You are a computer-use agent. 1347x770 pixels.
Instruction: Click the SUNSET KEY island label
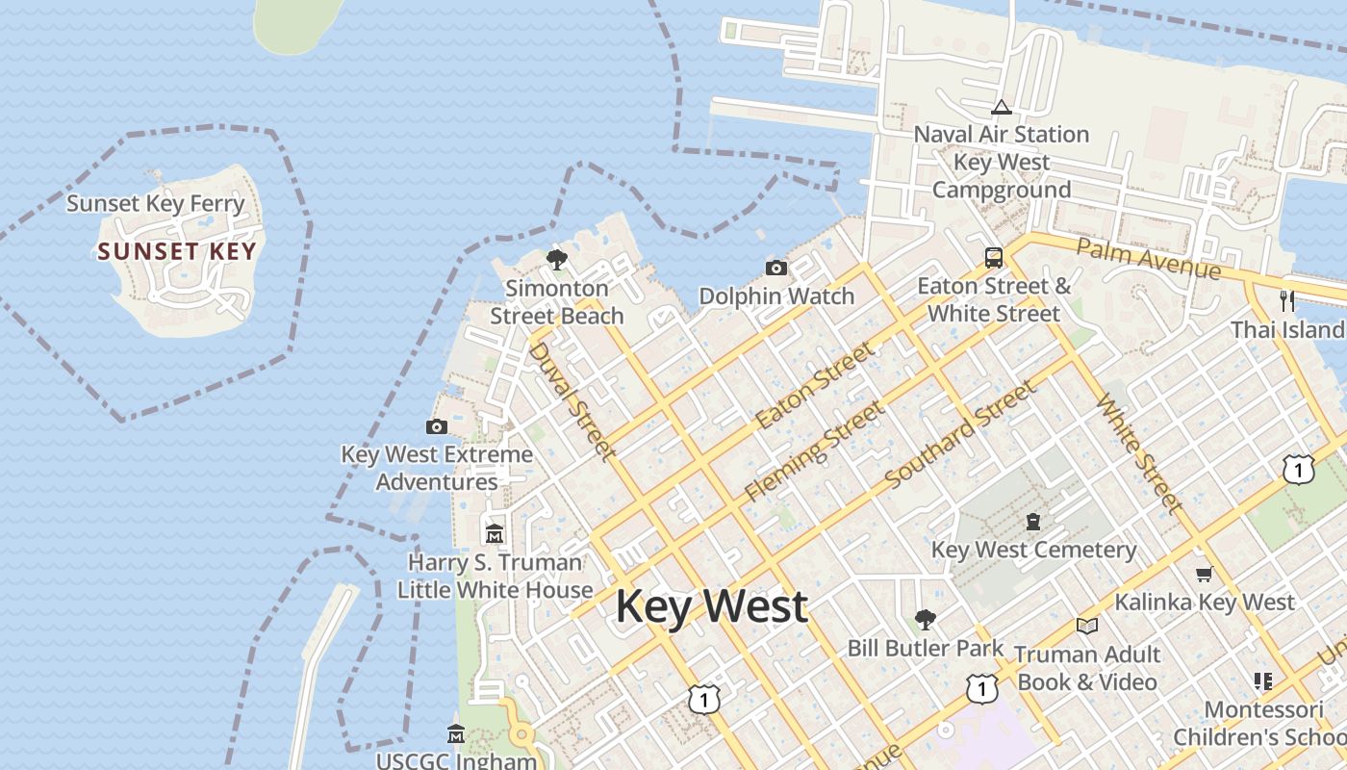pyautogui.click(x=177, y=252)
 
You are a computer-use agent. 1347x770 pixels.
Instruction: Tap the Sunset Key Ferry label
pyautogui.click(x=156, y=204)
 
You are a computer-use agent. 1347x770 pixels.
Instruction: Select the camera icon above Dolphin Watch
pyautogui.click(x=776, y=268)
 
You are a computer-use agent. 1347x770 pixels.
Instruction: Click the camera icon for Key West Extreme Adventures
pyautogui.click(x=437, y=426)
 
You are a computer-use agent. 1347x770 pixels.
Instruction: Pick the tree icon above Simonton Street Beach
pyautogui.click(x=556, y=259)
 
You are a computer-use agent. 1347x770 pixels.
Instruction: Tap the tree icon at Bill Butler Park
pyautogui.click(x=925, y=619)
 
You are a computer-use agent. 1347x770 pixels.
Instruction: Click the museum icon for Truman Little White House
pyautogui.click(x=495, y=533)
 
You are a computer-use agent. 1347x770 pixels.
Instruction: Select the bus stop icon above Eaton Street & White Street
pyautogui.click(x=993, y=258)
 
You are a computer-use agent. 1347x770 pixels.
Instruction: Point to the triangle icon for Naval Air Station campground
pyautogui.click(x=1001, y=107)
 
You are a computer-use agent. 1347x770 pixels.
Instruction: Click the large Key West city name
pyautogui.click(x=711, y=606)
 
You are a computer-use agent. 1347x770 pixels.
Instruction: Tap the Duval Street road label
pyautogui.click(x=571, y=400)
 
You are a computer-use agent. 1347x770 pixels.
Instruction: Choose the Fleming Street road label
pyautogui.click(x=814, y=451)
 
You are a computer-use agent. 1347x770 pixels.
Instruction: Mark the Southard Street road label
pyautogui.click(x=960, y=434)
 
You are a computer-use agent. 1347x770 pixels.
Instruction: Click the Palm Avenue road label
pyautogui.click(x=1148, y=258)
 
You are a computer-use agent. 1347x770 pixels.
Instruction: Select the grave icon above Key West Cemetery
pyautogui.click(x=1033, y=522)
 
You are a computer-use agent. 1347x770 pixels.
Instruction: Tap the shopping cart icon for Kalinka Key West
pyautogui.click(x=1204, y=575)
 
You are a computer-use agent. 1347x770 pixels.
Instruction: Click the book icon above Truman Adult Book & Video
pyautogui.click(x=1087, y=627)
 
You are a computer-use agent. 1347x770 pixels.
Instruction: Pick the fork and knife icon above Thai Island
pyautogui.click(x=1287, y=301)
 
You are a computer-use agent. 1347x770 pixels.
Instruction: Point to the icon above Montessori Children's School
pyautogui.click(x=1263, y=681)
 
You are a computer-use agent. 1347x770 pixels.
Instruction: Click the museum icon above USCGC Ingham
pyautogui.click(x=456, y=734)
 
